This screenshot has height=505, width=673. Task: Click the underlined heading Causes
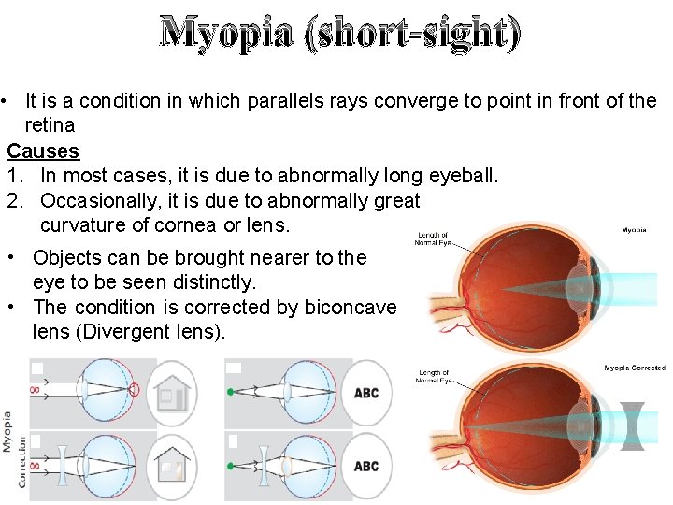43,151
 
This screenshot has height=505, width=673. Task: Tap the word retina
50,125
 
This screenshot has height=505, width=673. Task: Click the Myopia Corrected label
634,368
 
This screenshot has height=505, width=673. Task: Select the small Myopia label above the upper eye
634,229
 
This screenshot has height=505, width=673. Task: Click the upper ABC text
366,394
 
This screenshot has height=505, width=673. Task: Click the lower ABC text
366,466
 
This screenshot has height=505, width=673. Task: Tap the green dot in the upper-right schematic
231,392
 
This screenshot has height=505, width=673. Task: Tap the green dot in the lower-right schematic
231,464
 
